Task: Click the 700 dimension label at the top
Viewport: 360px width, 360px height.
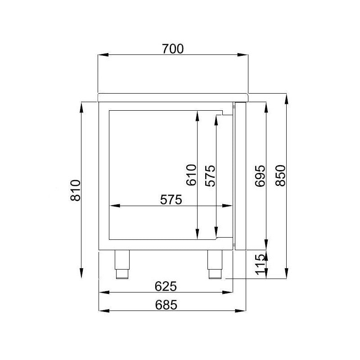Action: [x=173, y=49]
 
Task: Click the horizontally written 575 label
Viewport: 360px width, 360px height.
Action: [x=171, y=199]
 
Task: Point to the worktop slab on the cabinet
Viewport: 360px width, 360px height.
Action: [x=173, y=97]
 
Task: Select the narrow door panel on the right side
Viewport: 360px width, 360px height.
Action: [x=240, y=175]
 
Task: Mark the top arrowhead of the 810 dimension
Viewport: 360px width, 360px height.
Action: [x=81, y=106]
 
